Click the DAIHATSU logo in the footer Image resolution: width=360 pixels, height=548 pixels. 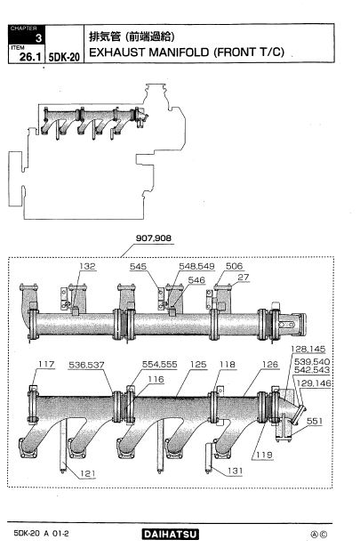click(x=170, y=534)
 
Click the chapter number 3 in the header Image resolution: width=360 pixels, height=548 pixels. click(x=38, y=37)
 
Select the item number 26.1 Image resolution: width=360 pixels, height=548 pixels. click(x=30, y=57)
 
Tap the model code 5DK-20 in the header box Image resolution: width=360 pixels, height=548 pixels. click(x=64, y=57)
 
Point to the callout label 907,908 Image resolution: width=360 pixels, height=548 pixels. click(x=153, y=238)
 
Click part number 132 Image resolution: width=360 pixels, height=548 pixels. click(x=87, y=266)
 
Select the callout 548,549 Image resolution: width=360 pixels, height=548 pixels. click(x=196, y=266)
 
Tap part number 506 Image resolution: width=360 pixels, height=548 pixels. click(x=234, y=266)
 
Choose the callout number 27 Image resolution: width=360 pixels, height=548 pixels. click(x=244, y=278)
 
